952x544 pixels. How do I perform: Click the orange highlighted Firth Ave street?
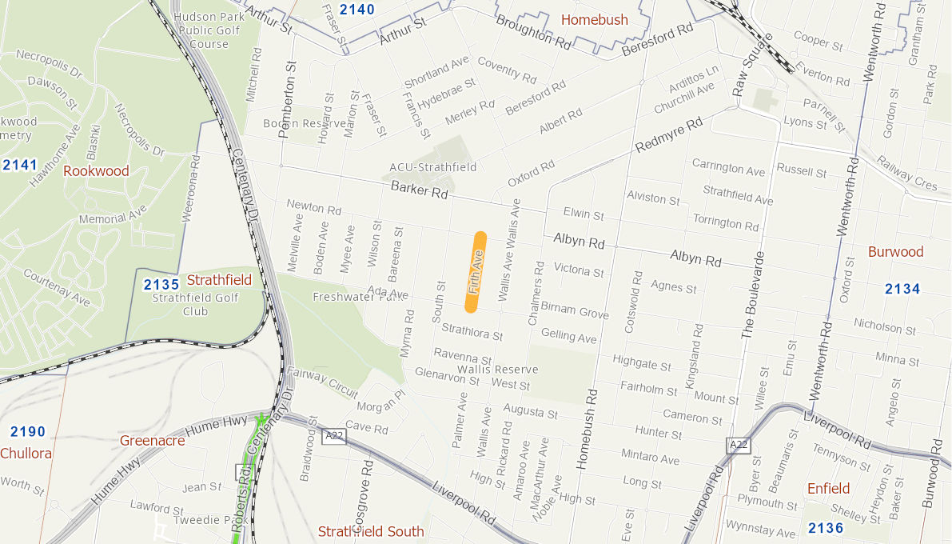[476, 271]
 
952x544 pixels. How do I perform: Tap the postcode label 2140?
[357, 10]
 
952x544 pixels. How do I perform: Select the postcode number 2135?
[161, 284]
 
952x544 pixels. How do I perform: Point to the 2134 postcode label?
[902, 289]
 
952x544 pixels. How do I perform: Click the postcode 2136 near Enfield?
[826, 527]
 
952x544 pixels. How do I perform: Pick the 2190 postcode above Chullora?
[28, 431]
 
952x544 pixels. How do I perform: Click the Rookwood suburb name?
[96, 170]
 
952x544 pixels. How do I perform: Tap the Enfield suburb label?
[828, 488]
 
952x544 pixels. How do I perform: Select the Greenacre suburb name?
[152, 440]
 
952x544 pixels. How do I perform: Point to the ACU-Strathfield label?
[432, 167]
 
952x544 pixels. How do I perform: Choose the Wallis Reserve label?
[497, 370]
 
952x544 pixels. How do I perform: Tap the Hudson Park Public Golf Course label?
[209, 30]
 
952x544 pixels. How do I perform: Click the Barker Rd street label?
[420, 190]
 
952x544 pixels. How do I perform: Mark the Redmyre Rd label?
[668, 135]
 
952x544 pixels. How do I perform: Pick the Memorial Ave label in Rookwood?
[113, 216]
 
